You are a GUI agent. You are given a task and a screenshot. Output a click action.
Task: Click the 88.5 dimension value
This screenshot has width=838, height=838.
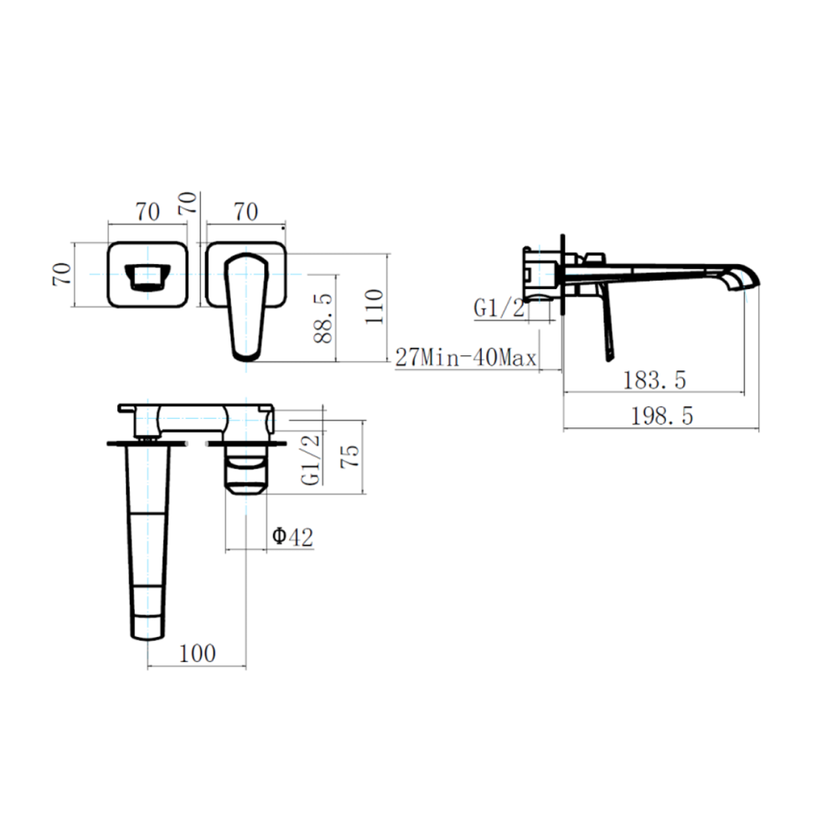[323, 318]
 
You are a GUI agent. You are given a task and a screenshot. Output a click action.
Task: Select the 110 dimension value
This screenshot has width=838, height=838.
[374, 306]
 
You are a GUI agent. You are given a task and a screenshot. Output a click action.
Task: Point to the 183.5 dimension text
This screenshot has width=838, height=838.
[654, 380]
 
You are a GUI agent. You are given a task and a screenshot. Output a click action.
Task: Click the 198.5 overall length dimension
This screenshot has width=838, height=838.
[662, 416]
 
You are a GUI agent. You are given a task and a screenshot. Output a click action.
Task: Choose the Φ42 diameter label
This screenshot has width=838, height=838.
[292, 536]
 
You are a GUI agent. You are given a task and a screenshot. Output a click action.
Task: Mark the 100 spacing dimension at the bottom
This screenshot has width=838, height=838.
[197, 653]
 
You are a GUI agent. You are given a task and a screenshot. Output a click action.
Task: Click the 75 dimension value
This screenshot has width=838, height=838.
[350, 457]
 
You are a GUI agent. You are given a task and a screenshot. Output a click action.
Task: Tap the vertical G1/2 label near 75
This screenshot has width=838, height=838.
[311, 459]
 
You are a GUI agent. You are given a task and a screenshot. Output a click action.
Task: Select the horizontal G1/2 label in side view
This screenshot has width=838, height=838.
[499, 308]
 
